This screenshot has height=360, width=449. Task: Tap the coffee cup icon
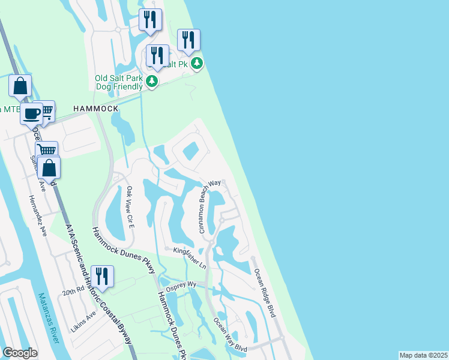[31, 113]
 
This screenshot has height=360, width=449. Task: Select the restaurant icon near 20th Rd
[102, 277]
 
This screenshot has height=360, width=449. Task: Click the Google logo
[20, 353]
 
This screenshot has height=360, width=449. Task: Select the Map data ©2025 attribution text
[423, 355]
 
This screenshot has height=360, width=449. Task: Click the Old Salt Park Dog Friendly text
[119, 82]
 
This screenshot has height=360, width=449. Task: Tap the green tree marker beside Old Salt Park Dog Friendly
[152, 81]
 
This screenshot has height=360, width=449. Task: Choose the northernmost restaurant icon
[149, 19]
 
